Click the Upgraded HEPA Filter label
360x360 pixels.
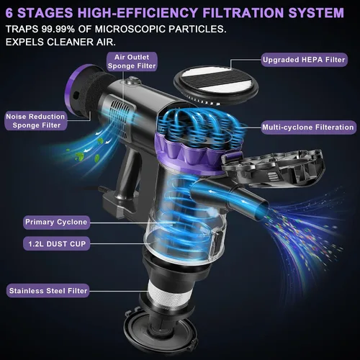(304, 60)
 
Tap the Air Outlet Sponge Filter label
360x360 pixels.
(132, 61)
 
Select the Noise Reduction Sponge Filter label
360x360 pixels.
(36, 121)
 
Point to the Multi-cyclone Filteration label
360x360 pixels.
(308, 127)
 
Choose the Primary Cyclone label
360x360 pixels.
(56, 222)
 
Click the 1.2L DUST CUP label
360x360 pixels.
(57, 244)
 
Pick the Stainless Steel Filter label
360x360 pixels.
(48, 291)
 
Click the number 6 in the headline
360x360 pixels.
(9, 13)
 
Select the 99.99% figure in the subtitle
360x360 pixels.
(58, 29)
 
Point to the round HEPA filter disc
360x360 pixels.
(216, 84)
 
